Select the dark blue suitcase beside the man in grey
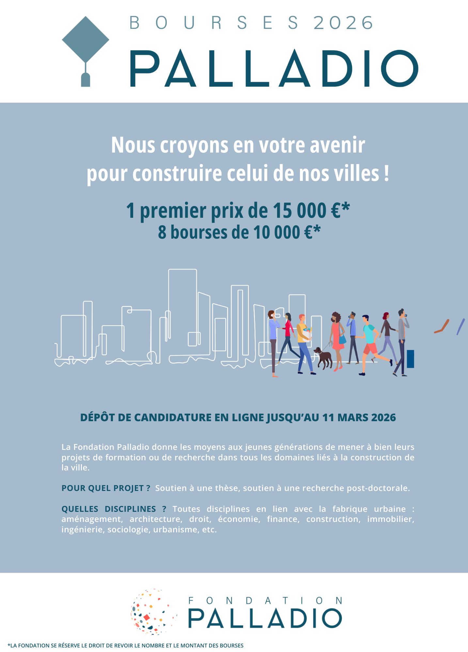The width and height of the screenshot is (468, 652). (x=410, y=359)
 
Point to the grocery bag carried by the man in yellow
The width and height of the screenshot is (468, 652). (x=307, y=335)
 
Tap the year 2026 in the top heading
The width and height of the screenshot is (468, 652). (x=343, y=23)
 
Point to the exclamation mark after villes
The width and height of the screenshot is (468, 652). (x=386, y=173)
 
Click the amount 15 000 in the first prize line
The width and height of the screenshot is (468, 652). (x=300, y=211)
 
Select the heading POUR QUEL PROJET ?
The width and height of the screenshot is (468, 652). (x=106, y=488)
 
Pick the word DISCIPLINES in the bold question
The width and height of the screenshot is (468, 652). (x=130, y=509)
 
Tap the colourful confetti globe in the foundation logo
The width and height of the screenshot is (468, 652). (x=153, y=612)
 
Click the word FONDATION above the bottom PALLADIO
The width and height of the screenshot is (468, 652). (x=265, y=600)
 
